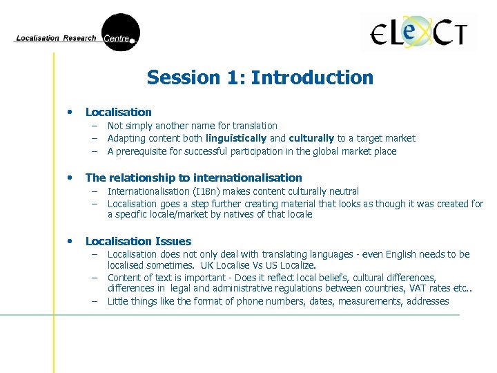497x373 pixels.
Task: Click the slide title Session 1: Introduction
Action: pos(260,77)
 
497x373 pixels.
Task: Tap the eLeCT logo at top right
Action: pos(418,32)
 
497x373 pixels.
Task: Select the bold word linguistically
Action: pos(235,139)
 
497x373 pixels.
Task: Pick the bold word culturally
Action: pos(311,139)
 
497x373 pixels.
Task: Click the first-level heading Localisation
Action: pos(118,112)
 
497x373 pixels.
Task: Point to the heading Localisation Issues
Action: pos(138,241)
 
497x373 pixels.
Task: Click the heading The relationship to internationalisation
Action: pos(193,178)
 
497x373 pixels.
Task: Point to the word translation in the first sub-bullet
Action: pos(254,126)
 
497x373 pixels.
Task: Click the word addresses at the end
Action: pos(428,301)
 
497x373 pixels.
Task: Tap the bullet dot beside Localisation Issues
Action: pos(69,241)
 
